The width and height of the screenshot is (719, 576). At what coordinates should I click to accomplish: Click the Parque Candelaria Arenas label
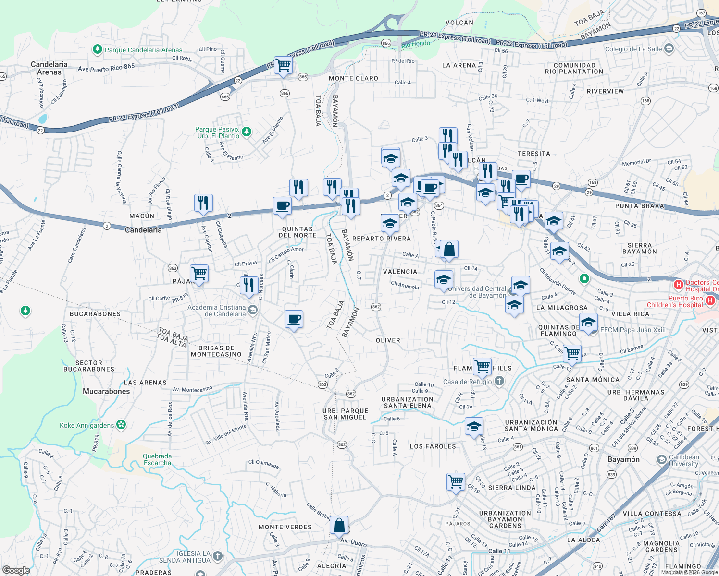click(143, 50)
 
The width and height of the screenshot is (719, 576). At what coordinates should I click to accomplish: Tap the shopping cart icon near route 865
click(283, 64)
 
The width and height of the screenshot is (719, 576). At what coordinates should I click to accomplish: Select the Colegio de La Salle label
click(633, 49)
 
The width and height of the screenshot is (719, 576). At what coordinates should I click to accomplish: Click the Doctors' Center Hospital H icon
click(679, 285)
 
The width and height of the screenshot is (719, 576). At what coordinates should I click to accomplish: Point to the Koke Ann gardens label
click(87, 425)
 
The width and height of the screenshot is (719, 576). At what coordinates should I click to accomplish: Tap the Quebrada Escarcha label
click(157, 459)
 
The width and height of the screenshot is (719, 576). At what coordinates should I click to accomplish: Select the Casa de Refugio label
click(467, 382)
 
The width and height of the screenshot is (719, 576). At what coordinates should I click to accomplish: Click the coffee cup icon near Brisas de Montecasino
click(294, 319)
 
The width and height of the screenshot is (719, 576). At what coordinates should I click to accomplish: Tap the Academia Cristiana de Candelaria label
click(216, 311)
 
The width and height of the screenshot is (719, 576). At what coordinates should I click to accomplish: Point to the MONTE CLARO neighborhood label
click(353, 78)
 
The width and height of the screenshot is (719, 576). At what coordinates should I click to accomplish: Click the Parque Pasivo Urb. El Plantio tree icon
click(247, 132)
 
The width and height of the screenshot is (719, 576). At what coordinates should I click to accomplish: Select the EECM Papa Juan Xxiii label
click(633, 330)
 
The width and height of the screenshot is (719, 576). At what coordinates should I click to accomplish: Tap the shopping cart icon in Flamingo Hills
click(482, 366)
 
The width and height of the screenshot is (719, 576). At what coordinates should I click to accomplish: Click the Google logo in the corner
click(16, 570)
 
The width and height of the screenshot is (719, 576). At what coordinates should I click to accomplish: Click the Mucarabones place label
click(106, 391)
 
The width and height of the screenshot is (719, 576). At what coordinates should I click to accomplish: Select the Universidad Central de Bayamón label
click(477, 292)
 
